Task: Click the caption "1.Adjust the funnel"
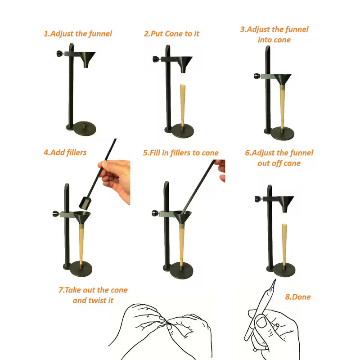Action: coord(77,34)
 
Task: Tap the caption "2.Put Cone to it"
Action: coord(171,34)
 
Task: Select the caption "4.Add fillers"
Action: coord(65,153)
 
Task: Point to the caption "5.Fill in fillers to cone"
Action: coord(181,153)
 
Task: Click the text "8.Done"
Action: coord(298,297)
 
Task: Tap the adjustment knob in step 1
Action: coord(59,54)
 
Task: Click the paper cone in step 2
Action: coord(183,104)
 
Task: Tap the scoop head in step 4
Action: coord(85,204)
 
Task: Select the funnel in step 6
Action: coord(285,202)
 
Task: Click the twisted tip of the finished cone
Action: coord(273,284)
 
